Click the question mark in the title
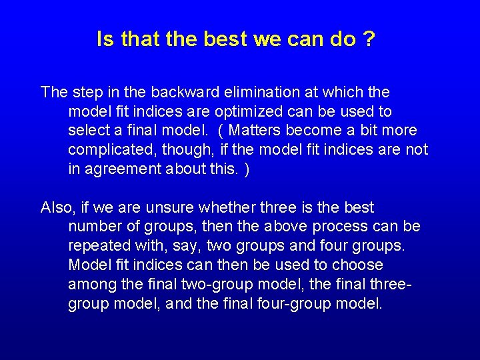coord(369,39)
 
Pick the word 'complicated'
coord(109,149)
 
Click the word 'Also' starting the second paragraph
coord(55,207)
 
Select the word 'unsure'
coord(157,207)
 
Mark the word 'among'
coord(89,285)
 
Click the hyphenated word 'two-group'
coord(214,285)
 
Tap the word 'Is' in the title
coord(105,39)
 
